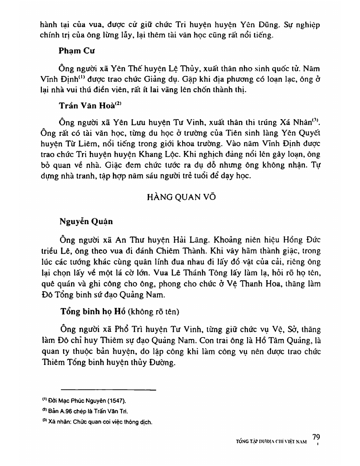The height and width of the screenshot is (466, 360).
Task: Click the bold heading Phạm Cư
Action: pyautogui.click(x=74, y=50)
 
